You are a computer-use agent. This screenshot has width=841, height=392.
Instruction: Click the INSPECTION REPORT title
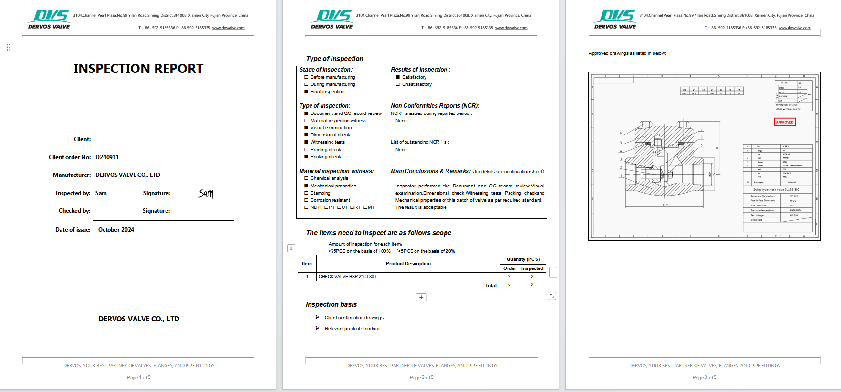138,69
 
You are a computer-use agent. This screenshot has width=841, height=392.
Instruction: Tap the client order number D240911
107,157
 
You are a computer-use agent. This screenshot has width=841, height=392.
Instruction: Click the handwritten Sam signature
206,194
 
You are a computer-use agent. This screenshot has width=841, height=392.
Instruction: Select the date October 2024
116,230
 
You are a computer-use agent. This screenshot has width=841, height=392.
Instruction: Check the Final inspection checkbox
306,92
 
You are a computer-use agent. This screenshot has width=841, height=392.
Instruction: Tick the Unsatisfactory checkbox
398,84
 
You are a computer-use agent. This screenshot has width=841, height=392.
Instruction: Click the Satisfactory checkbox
398,77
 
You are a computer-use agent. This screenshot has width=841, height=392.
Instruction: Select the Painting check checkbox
306,150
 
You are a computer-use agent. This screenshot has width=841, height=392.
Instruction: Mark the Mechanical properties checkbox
306,186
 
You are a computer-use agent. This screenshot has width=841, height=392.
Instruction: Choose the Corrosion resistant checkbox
306,200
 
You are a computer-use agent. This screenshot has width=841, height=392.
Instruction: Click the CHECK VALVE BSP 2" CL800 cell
347,277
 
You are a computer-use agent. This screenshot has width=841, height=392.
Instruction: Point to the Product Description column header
408,264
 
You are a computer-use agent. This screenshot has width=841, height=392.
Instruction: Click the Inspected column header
532,268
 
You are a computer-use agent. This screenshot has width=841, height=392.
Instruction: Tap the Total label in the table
491,286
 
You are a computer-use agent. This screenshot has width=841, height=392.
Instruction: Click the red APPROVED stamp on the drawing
784,122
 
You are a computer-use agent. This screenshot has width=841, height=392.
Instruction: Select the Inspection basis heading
331,304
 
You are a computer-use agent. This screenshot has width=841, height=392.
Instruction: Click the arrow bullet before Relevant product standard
317,328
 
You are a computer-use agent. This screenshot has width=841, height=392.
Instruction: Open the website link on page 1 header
228,28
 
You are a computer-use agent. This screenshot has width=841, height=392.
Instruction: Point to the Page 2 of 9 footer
421,377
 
